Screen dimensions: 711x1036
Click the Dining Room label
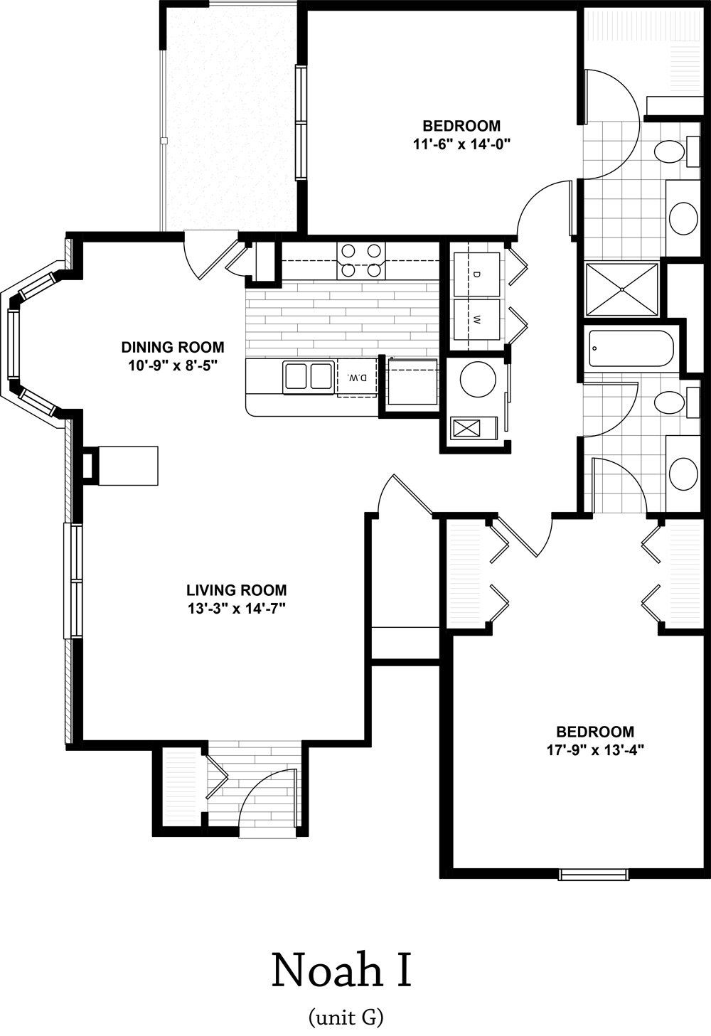point(173,347)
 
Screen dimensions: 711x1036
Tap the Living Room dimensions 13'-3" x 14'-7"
point(236,609)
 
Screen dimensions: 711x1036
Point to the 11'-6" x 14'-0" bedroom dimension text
point(461,144)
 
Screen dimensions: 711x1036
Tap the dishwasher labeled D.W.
point(357,378)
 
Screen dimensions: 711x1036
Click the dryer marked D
point(477,274)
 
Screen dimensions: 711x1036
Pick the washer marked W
point(477,319)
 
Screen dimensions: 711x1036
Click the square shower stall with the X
point(621,289)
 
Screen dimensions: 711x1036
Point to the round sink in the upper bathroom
point(684,218)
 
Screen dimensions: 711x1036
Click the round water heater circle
point(478,379)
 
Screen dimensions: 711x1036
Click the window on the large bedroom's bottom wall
point(593,875)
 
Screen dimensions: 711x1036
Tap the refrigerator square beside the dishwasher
point(412,382)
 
